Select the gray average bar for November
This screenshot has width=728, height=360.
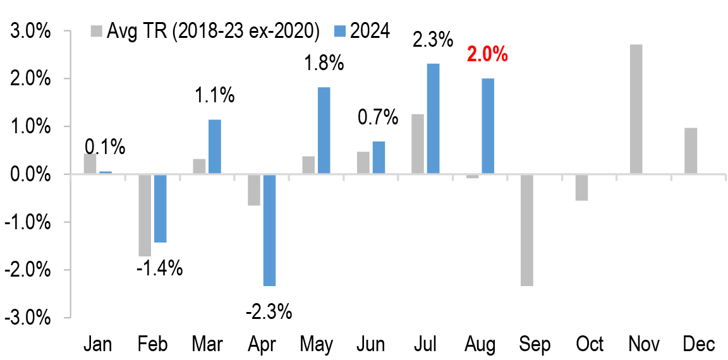(636, 109)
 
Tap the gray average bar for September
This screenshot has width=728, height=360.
(526, 230)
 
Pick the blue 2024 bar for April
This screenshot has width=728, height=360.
(270, 230)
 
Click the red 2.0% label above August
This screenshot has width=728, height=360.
(487, 54)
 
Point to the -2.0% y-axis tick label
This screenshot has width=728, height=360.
(29, 270)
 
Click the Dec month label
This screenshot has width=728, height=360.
(698, 344)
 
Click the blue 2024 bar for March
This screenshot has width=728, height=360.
(215, 147)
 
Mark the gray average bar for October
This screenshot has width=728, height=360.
(581, 187)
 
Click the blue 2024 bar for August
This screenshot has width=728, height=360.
(488, 126)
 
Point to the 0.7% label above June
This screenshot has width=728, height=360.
(378, 117)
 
